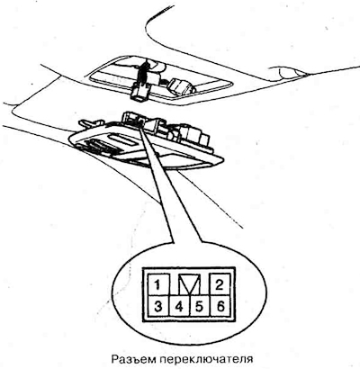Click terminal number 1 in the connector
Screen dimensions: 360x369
click(157, 284)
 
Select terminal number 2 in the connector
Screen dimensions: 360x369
click(220, 284)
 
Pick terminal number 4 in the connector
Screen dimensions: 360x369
click(179, 306)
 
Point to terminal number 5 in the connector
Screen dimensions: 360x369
click(199, 306)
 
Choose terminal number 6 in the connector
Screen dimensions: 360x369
click(220, 306)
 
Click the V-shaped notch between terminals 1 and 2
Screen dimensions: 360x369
click(189, 283)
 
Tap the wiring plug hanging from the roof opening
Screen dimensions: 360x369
click(139, 92)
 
